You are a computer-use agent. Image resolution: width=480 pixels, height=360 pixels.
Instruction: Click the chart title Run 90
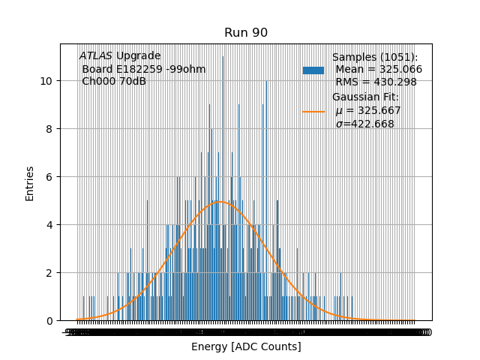[246, 33]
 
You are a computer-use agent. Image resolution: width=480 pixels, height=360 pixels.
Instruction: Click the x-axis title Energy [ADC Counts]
[246, 346]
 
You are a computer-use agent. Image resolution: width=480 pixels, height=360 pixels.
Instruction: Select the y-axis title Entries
[30, 183]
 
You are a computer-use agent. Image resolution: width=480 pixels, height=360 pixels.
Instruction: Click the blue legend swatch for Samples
[313, 70]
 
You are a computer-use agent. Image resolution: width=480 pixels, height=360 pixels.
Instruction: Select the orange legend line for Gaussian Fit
[313, 111]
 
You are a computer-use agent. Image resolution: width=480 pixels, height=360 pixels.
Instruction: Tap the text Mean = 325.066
[378, 69]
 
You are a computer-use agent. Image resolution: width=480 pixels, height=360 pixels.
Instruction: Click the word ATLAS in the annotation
[95, 55]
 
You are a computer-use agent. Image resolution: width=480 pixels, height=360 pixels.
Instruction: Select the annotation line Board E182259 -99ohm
[143, 69]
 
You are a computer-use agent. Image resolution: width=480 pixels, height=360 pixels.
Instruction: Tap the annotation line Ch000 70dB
[114, 82]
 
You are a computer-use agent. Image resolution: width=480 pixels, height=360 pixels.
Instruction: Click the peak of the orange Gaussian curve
[220, 201]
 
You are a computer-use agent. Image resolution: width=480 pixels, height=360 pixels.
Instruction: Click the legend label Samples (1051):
[375, 57]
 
